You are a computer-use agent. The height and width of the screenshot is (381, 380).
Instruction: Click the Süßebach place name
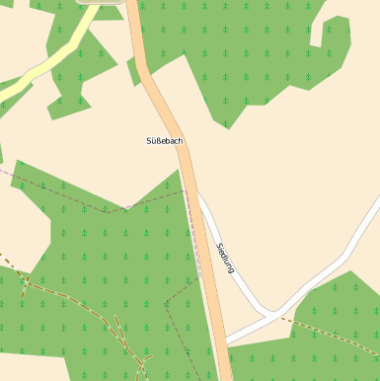164,141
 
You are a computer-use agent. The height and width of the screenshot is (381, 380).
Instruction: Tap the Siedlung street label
225,258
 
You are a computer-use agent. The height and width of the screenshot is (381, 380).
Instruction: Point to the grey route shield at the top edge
103,2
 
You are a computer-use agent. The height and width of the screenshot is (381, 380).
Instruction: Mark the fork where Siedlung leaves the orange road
194,191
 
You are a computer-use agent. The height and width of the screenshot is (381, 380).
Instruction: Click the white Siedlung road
237,271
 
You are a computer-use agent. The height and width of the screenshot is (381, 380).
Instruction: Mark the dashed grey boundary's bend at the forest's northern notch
126,208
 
